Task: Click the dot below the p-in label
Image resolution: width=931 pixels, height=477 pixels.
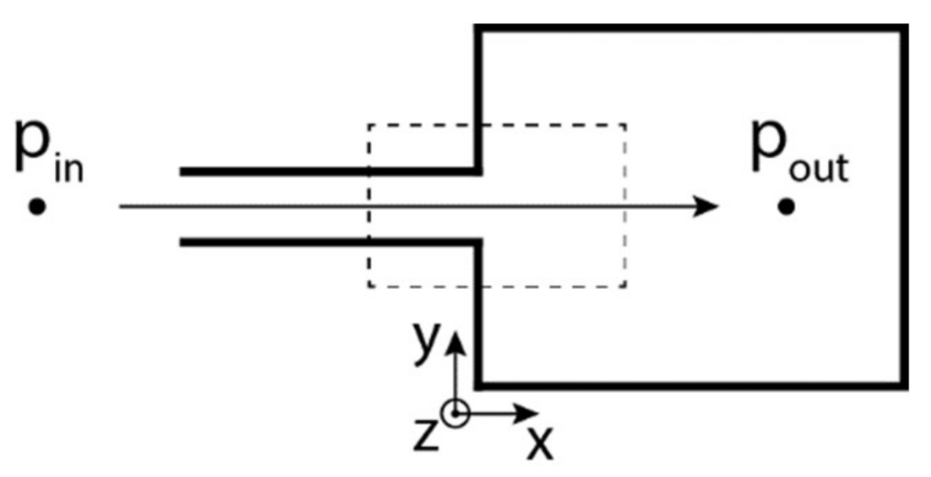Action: (x=37, y=207)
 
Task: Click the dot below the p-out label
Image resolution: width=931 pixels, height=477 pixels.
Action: (x=786, y=207)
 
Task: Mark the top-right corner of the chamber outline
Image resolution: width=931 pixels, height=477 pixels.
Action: (x=903, y=28)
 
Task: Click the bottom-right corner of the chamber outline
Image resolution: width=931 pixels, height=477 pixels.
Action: (x=903, y=385)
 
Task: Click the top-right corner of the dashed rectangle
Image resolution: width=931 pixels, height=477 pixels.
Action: (x=626, y=125)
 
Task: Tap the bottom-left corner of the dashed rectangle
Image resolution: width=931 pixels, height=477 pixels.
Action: (x=369, y=286)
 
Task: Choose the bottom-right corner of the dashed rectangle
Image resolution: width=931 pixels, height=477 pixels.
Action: (x=626, y=286)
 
